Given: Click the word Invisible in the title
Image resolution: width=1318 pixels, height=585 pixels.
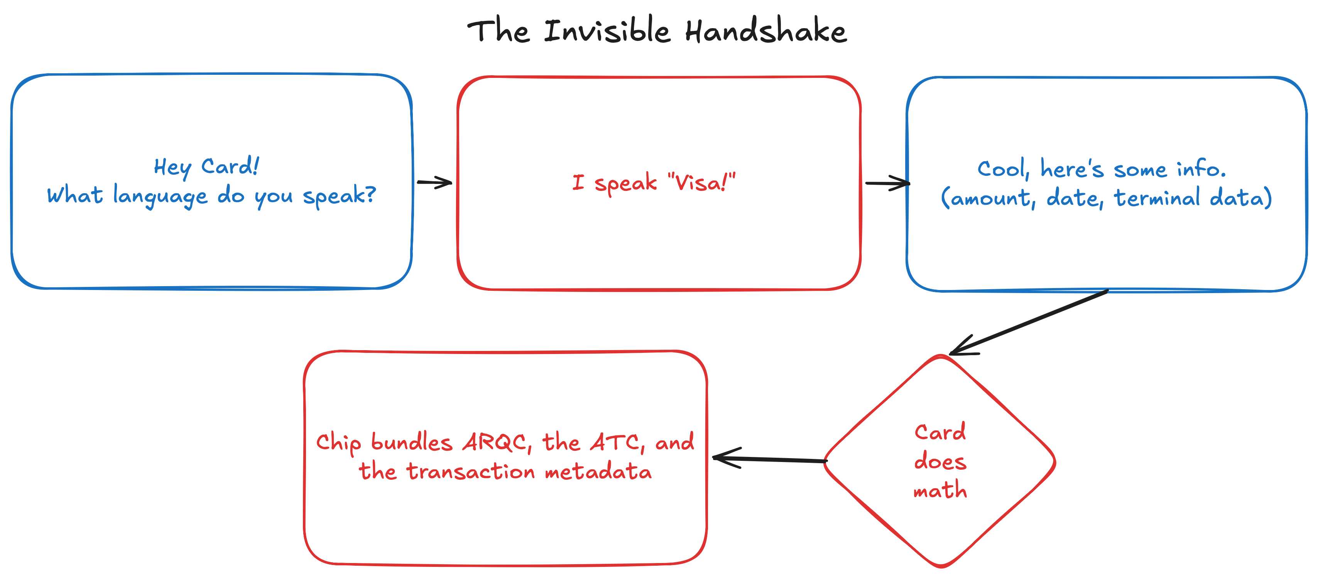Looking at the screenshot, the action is point(606,31).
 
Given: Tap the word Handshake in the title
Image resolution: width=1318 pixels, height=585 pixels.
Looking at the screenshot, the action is point(766,31).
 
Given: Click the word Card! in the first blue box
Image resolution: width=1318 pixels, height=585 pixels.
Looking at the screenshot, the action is point(230,167).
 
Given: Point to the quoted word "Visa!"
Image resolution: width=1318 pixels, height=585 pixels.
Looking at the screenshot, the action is point(701,182).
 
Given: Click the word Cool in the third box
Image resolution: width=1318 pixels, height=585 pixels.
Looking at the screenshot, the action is point(1002,169).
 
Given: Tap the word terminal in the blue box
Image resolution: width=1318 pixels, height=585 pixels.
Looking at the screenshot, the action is point(1157,198).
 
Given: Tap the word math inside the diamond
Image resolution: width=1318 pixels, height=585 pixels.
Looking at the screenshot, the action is point(940,491).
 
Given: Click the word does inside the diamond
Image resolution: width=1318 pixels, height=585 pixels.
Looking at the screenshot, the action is point(940,462).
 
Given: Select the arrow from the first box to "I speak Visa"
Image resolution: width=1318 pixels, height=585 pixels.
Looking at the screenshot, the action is point(434,182).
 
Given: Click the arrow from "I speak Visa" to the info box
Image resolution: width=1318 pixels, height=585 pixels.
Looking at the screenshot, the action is point(887,183).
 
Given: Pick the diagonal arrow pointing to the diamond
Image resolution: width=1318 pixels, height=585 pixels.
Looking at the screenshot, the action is point(1028,322).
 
